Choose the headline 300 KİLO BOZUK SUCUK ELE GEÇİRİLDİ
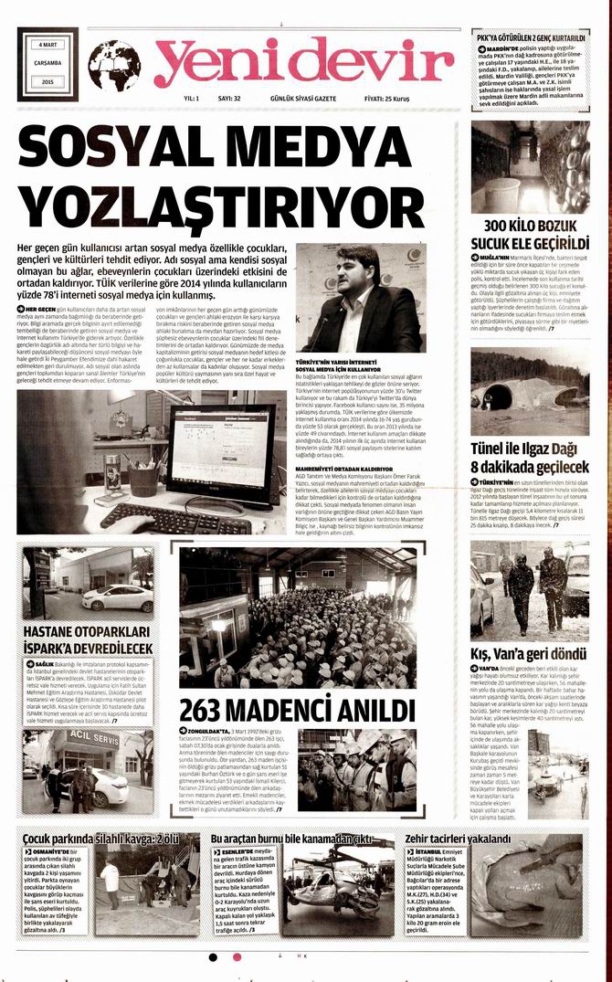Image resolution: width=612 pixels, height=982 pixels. coord(530,234)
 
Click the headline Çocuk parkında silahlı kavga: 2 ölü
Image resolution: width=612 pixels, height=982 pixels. coord(100,838)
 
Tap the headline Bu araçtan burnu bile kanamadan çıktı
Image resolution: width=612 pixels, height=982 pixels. coord(290,838)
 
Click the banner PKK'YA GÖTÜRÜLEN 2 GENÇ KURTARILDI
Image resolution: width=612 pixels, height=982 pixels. coord(530,37)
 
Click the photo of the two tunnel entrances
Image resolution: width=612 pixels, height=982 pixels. coord(530,390)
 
